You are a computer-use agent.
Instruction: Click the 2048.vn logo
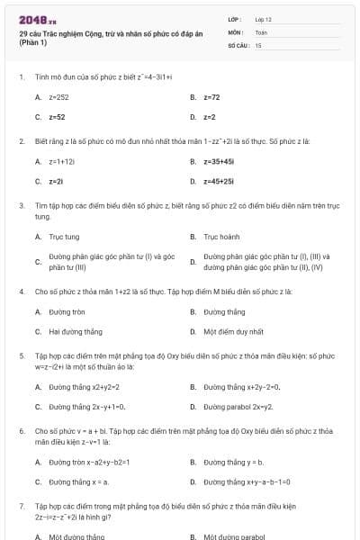click(38, 19)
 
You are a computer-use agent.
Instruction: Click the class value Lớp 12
click(263, 19)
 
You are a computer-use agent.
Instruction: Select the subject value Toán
click(261, 31)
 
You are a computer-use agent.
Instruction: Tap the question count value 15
click(258, 44)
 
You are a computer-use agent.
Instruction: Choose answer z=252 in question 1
click(59, 96)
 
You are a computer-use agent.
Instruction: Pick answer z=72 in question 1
click(211, 96)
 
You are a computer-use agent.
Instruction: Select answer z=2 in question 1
click(209, 117)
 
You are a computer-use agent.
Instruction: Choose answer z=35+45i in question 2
click(219, 161)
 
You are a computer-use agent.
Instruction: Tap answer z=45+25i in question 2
click(219, 181)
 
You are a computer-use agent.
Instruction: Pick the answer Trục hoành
click(221, 237)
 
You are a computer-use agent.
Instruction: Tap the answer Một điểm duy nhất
click(233, 331)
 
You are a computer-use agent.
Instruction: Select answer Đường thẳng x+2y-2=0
click(241, 387)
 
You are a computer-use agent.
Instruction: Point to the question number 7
click(21, 507)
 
